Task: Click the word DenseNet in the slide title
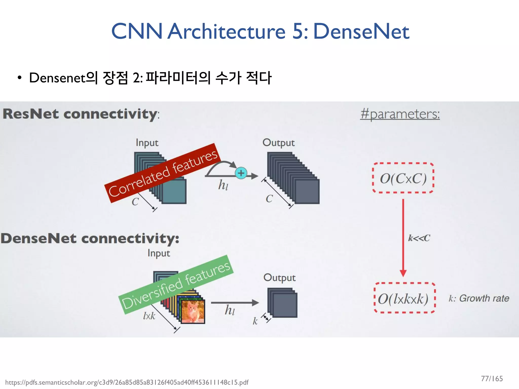pyautogui.click(x=361, y=31)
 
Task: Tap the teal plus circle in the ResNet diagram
pyautogui.click(x=241, y=173)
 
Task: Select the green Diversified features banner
pyautogui.click(x=176, y=285)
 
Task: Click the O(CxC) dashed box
pyautogui.click(x=403, y=178)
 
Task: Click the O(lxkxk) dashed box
pyautogui.click(x=404, y=298)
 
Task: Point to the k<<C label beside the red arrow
pyautogui.click(x=419, y=238)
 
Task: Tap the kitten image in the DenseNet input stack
pyautogui.click(x=193, y=312)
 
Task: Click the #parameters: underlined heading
pyautogui.click(x=400, y=114)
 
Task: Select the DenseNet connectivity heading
pyautogui.click(x=90, y=239)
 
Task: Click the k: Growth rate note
pyautogui.click(x=479, y=298)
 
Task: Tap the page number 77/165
pyautogui.click(x=492, y=379)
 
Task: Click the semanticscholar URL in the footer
pyautogui.click(x=127, y=382)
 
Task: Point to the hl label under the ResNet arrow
pyautogui.click(x=223, y=185)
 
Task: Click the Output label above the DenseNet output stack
pyautogui.click(x=279, y=278)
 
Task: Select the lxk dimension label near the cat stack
pyautogui.click(x=149, y=316)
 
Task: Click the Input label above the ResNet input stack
pyautogui.click(x=147, y=143)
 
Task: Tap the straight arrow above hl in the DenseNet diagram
pyautogui.click(x=234, y=302)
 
